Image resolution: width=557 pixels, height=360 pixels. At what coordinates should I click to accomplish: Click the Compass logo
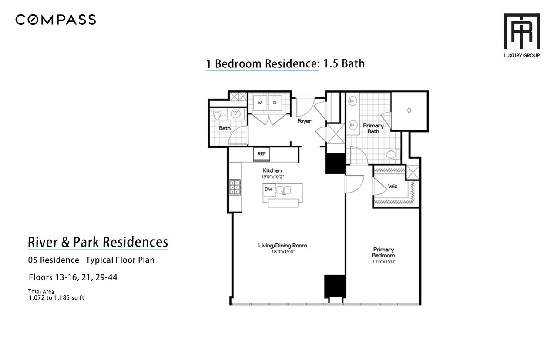tap(55, 20)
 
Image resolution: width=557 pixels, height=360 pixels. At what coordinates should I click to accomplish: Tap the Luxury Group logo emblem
tap(521, 31)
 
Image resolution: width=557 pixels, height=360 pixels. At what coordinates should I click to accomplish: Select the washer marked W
tap(260, 103)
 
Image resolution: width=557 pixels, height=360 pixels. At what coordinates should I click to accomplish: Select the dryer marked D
tap(275, 103)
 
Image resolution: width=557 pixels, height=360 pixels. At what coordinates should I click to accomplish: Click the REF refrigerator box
tap(262, 154)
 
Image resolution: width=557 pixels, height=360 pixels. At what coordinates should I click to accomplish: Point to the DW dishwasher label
tap(268, 189)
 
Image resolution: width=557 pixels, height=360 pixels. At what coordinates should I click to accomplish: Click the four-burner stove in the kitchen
tap(235, 187)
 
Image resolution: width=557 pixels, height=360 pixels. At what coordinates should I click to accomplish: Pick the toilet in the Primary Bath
tap(393, 154)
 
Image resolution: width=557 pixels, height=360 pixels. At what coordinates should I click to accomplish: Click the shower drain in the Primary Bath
tap(409, 110)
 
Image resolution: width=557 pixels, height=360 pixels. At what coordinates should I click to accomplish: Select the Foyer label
tap(304, 121)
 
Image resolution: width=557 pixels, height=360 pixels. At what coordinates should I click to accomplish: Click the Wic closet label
tap(393, 187)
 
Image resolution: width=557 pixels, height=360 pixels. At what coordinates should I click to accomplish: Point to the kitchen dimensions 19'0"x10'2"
tap(272, 177)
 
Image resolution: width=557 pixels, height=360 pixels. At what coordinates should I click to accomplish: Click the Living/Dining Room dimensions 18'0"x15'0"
tap(283, 252)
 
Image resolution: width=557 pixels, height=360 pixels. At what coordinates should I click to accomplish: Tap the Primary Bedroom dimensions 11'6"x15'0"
tap(384, 262)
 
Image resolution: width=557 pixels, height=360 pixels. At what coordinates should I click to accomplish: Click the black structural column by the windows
tap(335, 287)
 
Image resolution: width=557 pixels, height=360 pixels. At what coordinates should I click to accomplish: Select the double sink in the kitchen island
tap(284, 190)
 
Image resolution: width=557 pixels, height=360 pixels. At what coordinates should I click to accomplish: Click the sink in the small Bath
tap(235, 114)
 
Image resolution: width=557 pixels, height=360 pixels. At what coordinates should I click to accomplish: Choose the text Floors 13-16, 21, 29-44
tap(73, 277)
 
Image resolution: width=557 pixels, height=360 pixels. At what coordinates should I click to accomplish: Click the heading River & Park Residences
tap(98, 242)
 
